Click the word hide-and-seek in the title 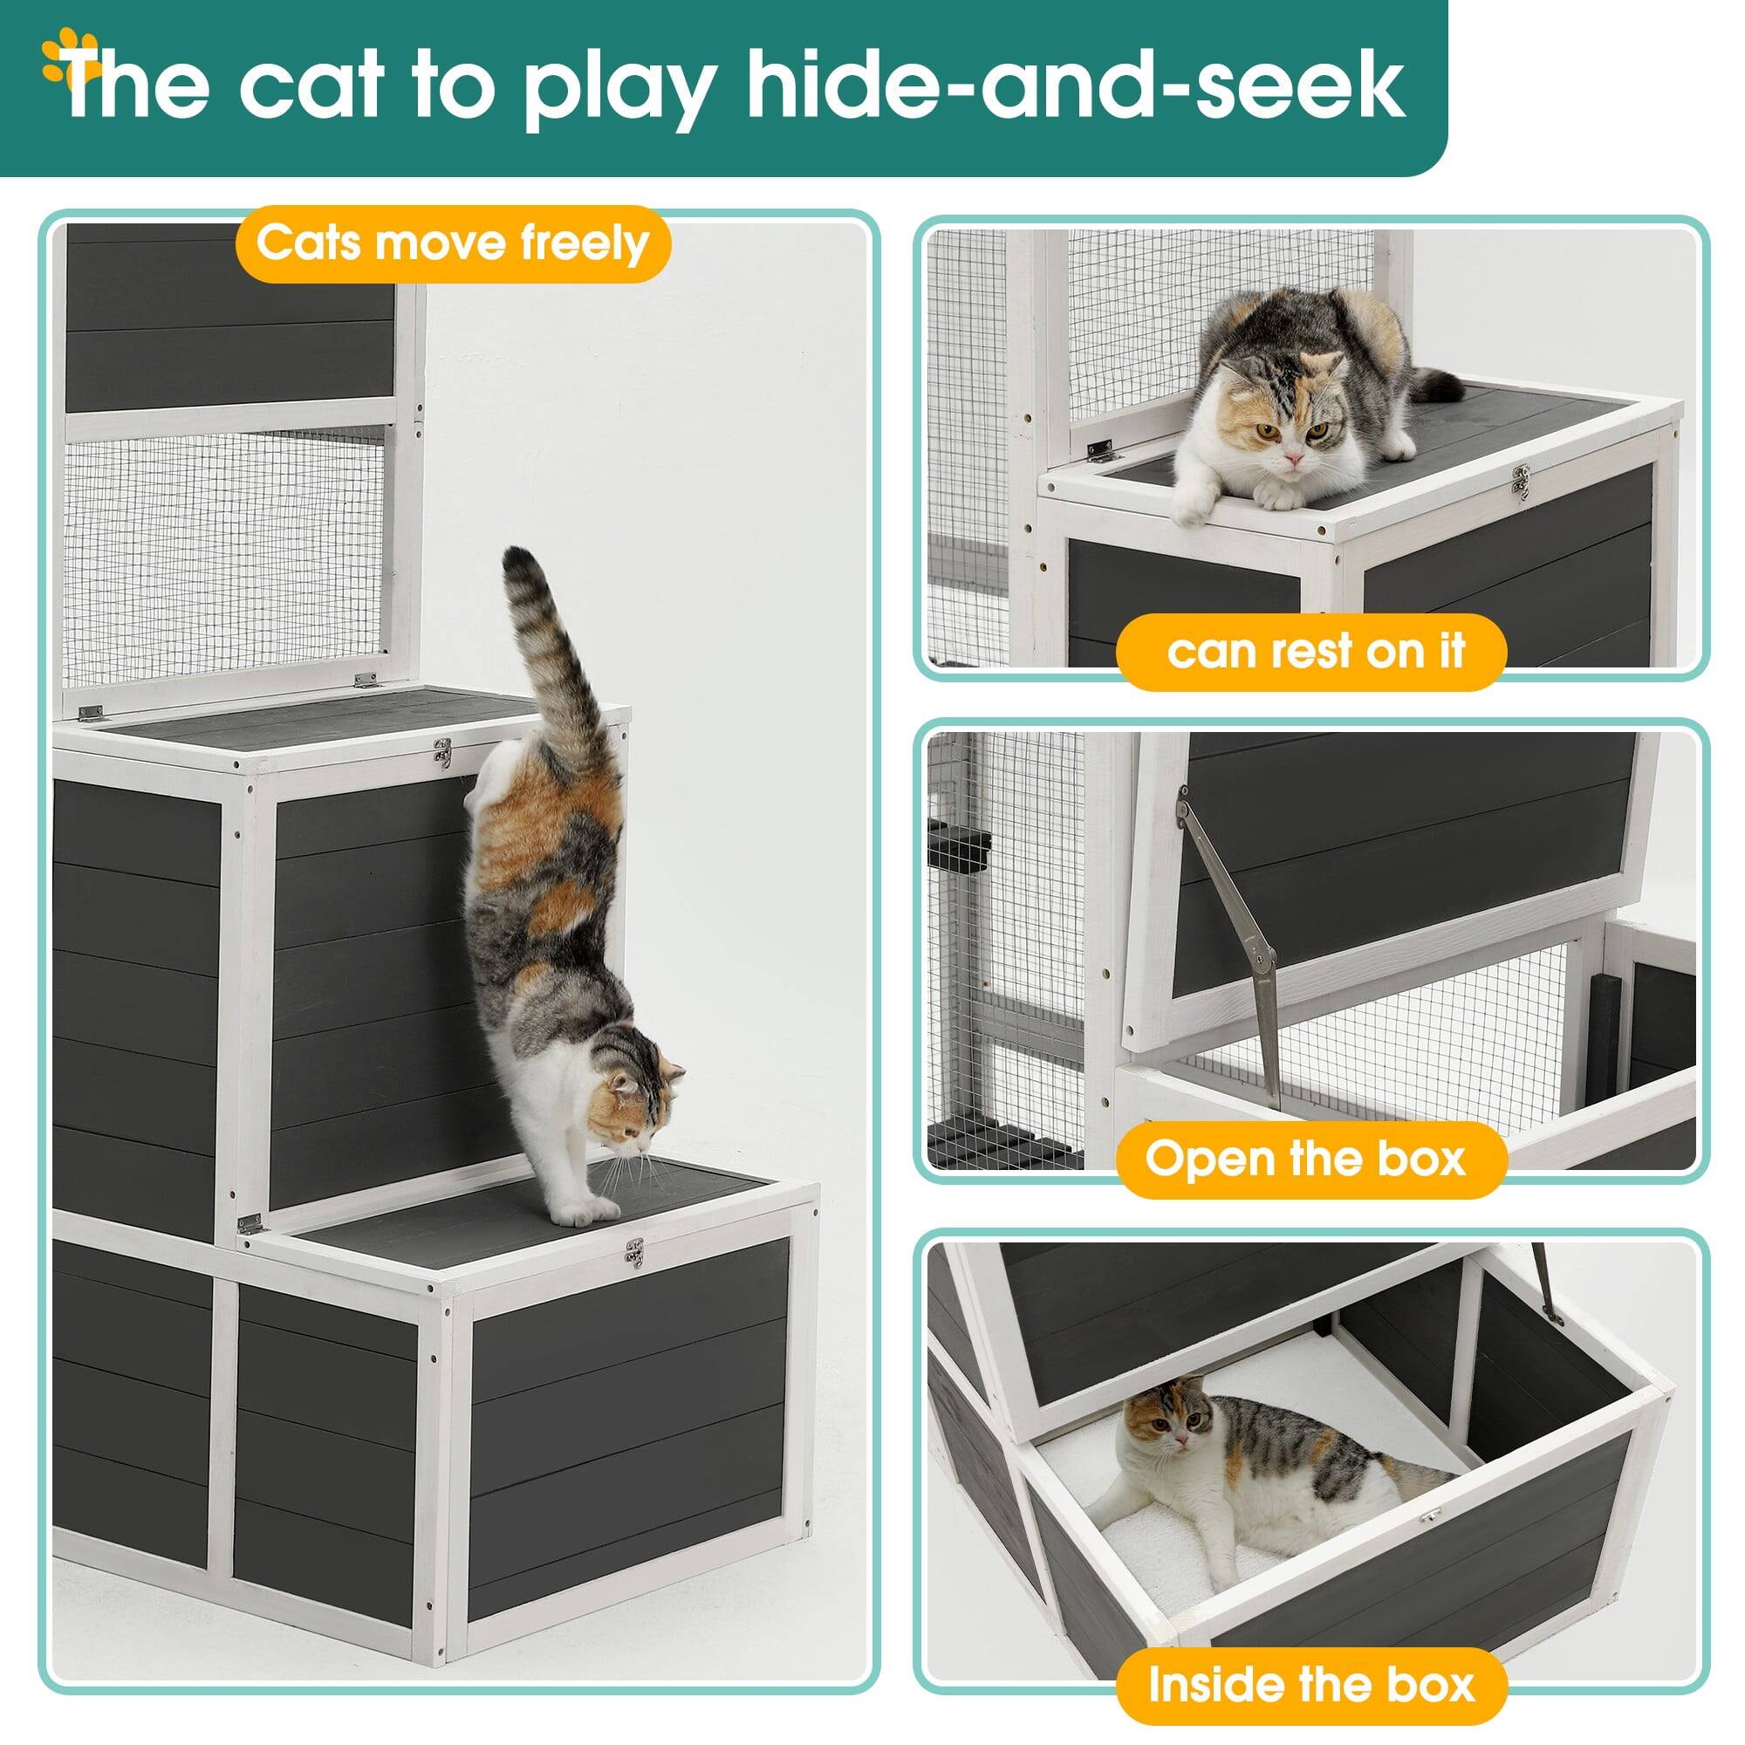pyautogui.click(x=1075, y=86)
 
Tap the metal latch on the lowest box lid pyautogui.click(x=635, y=1253)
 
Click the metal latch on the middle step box pyautogui.click(x=442, y=752)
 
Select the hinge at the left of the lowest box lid pyautogui.click(x=250, y=1225)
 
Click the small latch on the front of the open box pyautogui.click(x=1429, y=1517)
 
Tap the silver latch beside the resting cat pyautogui.click(x=1522, y=482)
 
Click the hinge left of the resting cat pyautogui.click(x=1099, y=451)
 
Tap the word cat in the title pyautogui.click(x=311, y=85)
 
